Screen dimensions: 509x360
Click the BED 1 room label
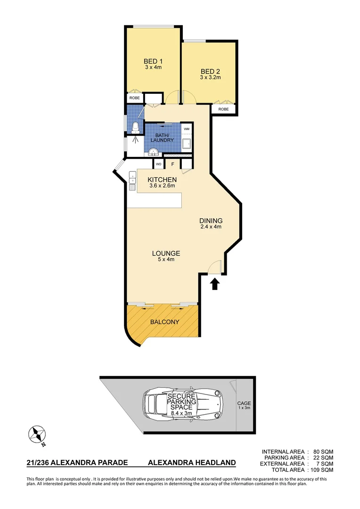click(x=153, y=61)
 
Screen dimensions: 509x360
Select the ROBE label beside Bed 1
click(x=135, y=99)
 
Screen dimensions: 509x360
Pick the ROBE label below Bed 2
click(x=223, y=109)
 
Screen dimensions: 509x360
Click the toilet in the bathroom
click(x=135, y=126)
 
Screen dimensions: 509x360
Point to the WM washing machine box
click(x=187, y=129)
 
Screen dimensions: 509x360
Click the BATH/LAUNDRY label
click(x=162, y=137)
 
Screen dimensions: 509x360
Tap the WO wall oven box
click(x=159, y=164)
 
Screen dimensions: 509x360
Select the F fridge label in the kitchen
click(x=172, y=164)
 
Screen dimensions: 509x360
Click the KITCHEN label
click(x=162, y=180)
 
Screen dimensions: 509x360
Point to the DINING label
click(x=211, y=221)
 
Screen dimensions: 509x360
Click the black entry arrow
click(x=214, y=284)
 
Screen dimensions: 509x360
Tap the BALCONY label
click(x=164, y=322)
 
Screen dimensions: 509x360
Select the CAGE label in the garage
click(x=244, y=403)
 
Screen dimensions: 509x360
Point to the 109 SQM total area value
click(x=322, y=470)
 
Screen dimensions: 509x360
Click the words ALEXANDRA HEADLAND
click(x=192, y=463)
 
